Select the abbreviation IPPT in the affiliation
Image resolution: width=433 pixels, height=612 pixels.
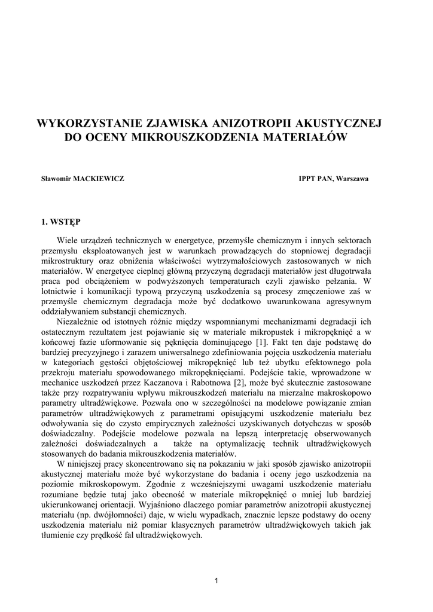(307, 179)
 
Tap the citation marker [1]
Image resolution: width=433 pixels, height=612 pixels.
(261, 342)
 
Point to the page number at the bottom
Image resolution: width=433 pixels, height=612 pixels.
(216, 580)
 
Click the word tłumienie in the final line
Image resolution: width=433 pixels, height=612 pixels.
(57, 535)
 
